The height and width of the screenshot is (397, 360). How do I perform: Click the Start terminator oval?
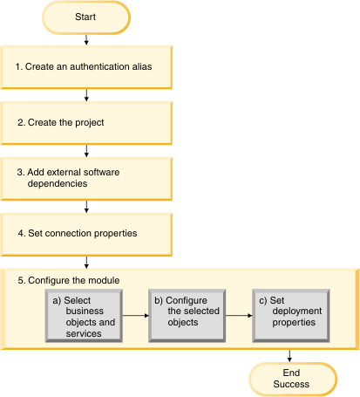pyautogui.click(x=86, y=17)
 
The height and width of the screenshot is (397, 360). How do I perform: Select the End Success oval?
pyautogui.click(x=293, y=380)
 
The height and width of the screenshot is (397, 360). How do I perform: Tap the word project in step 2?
pyautogui.click(x=89, y=123)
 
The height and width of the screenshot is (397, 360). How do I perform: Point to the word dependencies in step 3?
pyautogui.click(x=58, y=183)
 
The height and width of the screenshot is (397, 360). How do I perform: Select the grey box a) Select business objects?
pyautogui.click(x=84, y=316)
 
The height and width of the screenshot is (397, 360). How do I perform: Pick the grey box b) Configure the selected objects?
pyautogui.click(x=187, y=316)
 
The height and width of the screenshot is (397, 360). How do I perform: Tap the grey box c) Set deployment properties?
pyautogui.click(x=291, y=316)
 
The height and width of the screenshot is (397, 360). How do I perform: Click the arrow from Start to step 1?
pyautogui.click(x=86, y=40)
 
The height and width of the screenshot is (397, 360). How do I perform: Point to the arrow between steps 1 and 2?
pyautogui.click(x=86, y=95)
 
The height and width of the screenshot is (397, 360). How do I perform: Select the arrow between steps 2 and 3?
pyautogui.click(x=86, y=151)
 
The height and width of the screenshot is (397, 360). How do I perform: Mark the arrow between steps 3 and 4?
pyautogui.click(x=86, y=207)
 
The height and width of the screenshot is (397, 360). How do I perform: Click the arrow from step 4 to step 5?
pyautogui.click(x=86, y=263)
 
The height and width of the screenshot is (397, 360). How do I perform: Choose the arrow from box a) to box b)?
pyautogui.click(x=135, y=316)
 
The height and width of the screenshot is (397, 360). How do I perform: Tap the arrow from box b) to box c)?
pyautogui.click(x=239, y=316)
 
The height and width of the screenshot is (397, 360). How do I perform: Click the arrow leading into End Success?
pyautogui.click(x=289, y=356)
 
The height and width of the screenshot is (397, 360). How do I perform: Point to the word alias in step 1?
pyautogui.click(x=142, y=66)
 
